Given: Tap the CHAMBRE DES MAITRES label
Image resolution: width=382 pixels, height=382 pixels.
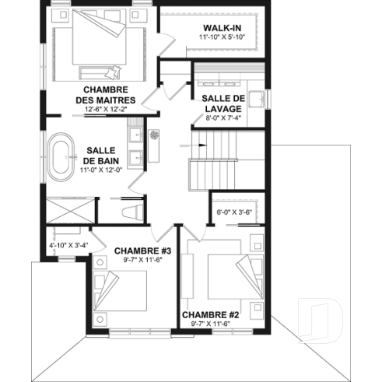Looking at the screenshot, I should (x=106, y=95).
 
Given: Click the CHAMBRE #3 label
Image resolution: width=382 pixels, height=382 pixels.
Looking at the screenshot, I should (x=142, y=251).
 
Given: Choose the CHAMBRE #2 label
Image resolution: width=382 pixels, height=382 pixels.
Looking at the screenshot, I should (x=209, y=315).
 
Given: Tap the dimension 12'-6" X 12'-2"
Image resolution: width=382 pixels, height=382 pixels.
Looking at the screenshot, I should (x=106, y=110).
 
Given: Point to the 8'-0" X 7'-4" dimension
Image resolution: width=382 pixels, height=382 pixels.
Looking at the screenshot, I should (x=223, y=118).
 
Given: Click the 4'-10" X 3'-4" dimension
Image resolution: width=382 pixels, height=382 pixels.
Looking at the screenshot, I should (x=68, y=246).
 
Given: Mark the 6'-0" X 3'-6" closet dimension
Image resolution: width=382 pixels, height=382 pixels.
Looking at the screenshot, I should (x=233, y=210).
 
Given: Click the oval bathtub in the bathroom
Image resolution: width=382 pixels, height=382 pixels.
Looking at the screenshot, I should (x=61, y=151).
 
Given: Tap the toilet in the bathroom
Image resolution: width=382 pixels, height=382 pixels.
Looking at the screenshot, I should (x=130, y=211).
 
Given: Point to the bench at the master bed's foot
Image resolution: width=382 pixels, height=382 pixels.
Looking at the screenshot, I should (x=96, y=75).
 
